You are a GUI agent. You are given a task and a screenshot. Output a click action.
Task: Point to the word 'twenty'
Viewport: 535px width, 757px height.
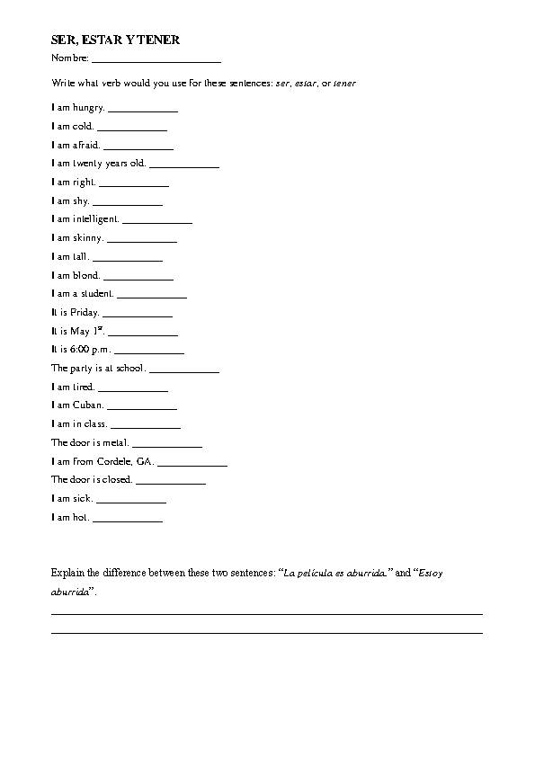pyautogui.click(x=89, y=164)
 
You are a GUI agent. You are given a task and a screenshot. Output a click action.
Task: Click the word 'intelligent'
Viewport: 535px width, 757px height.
pyautogui.click(x=95, y=219)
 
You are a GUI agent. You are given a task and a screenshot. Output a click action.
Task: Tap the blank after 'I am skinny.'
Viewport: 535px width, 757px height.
pyautogui.click(x=142, y=240)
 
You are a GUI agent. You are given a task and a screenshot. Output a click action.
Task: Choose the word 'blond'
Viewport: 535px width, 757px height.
pyautogui.click(x=86, y=275)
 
